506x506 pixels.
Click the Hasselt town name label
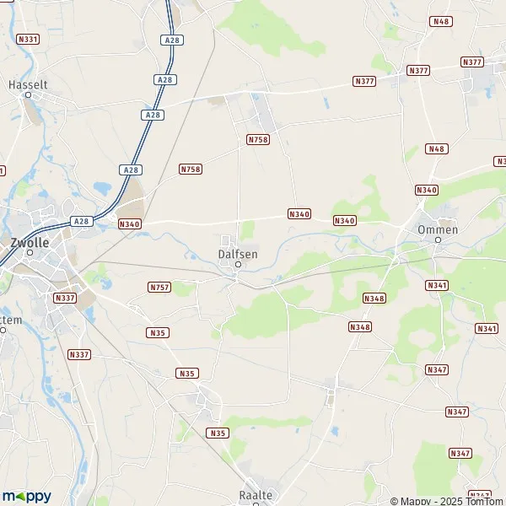(28, 84)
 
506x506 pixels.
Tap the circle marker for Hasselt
(28, 95)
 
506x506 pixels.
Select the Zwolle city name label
(30, 241)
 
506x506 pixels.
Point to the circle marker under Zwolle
(30, 252)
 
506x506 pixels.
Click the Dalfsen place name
(237, 253)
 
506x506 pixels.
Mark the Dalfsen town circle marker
(238, 264)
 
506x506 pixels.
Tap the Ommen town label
(438, 229)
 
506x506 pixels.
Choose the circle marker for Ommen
(438, 240)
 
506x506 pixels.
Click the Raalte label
(256, 495)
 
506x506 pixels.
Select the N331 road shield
(28, 39)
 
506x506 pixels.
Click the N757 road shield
(159, 288)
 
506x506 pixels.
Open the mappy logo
(27, 496)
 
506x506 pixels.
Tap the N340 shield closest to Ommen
(427, 190)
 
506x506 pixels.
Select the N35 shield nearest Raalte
(218, 433)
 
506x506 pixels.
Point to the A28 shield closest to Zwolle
(81, 221)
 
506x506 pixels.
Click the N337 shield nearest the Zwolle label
(64, 298)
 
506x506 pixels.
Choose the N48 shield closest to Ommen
(436, 148)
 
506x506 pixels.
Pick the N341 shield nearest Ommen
(437, 285)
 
